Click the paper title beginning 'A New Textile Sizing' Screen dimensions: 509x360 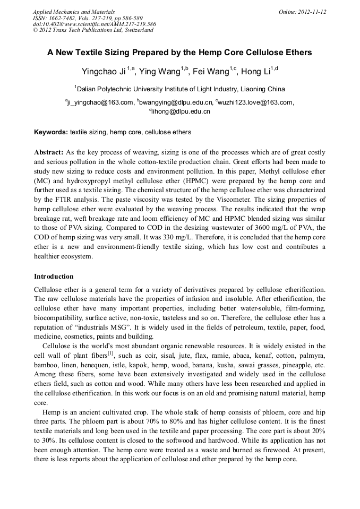(x=179, y=53)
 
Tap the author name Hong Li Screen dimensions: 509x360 (x=256, y=72)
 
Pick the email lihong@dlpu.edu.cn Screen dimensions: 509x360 (x=181, y=111)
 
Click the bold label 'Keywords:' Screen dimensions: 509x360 (x=51, y=132)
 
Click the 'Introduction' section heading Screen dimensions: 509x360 (x=54, y=277)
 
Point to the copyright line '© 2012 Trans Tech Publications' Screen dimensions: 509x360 (x=92, y=30)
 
